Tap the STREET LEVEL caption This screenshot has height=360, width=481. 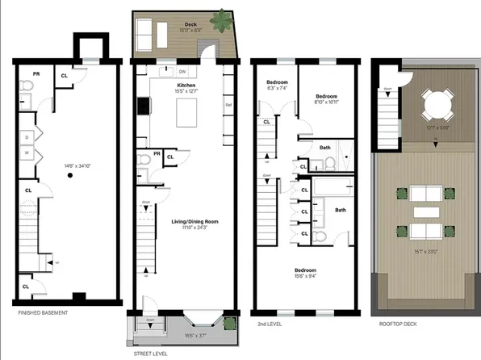[150, 353]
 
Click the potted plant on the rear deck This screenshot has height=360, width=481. [220, 18]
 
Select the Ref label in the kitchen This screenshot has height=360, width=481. [228, 105]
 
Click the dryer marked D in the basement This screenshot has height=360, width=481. [27, 136]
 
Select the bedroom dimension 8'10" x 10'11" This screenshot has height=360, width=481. [325, 103]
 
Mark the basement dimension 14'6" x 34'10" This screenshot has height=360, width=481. [70, 166]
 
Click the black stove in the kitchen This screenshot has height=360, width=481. [143, 107]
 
